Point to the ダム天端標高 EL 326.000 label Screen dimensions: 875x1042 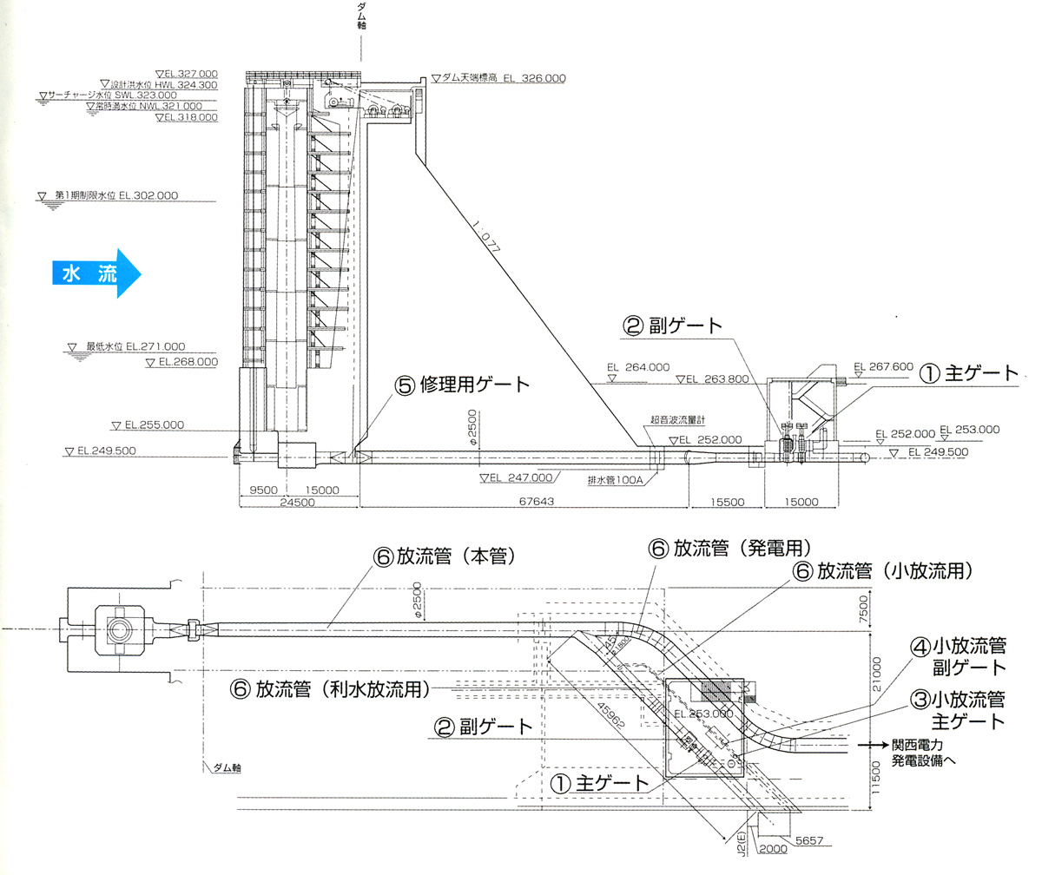tap(503, 78)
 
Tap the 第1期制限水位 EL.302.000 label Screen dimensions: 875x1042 tap(116, 196)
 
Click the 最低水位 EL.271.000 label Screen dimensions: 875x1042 tap(135, 346)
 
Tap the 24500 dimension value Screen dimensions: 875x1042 tap(298, 503)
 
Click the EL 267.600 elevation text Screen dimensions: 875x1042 tap(883, 367)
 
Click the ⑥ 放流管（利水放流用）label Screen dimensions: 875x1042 tap(331, 689)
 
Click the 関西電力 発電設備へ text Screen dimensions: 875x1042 tap(928, 753)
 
